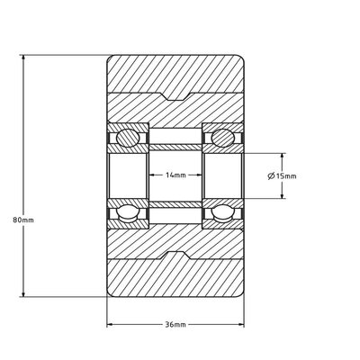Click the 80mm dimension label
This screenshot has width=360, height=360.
point(23,220)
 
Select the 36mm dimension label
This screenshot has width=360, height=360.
point(175,325)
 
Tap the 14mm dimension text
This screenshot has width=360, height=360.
point(175,175)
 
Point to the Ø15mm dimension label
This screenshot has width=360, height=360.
point(282,175)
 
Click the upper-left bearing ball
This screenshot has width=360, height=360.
point(129,138)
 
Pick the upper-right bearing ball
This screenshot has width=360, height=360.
point(222,138)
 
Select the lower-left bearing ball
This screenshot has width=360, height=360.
point(129,212)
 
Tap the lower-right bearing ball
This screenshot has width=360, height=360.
point(222,212)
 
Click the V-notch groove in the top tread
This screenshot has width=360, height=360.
point(175,96)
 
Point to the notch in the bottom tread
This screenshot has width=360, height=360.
point(175,256)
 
